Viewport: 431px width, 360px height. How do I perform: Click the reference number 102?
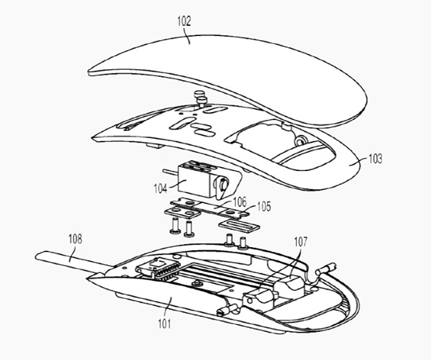pos(184,21)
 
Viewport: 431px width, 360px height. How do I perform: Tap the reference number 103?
pos(375,158)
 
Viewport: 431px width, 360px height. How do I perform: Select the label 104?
pos(160,189)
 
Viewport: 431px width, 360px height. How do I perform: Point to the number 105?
pos(264,206)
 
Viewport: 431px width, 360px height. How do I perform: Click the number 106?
pos(240,202)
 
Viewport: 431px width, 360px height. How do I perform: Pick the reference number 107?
pos(300,242)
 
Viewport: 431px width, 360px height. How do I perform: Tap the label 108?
pos(75,239)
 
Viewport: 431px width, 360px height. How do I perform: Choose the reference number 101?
pos(165,324)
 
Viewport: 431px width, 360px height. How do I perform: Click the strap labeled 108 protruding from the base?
pos(72,260)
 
